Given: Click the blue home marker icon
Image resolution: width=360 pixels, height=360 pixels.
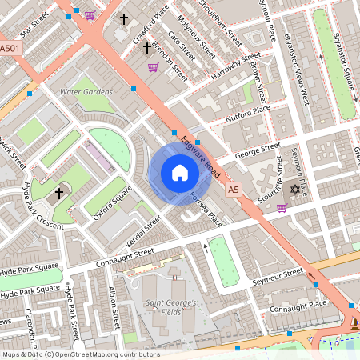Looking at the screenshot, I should [180, 174].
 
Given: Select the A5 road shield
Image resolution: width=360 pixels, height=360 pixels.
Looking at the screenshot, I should [233, 190].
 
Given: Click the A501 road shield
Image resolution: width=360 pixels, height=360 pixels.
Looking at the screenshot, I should [10, 50].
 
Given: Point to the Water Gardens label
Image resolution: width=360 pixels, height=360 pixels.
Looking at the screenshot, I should [86, 92].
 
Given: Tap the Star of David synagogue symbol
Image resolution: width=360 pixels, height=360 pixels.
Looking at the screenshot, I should [294, 190].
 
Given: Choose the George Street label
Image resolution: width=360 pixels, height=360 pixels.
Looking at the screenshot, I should [257, 150].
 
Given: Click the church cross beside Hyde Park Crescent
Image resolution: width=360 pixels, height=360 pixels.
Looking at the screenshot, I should [58, 193].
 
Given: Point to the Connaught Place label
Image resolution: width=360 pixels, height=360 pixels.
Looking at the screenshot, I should [298, 305].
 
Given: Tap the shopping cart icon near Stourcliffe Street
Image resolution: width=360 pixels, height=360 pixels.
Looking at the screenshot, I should [282, 208].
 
